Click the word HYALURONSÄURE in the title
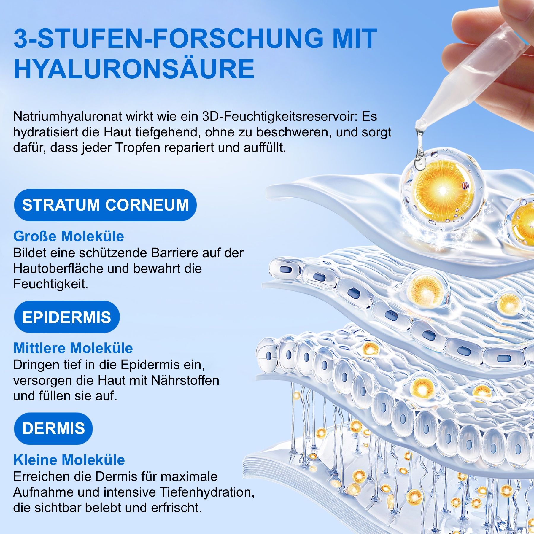(134, 69)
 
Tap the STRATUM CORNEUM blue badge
(105, 205)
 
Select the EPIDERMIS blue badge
(67, 317)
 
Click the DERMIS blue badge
(53, 428)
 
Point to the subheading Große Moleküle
(69, 236)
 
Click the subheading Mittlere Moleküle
(73, 348)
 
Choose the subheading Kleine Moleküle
(69, 460)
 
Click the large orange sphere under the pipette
(442, 190)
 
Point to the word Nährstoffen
(185, 380)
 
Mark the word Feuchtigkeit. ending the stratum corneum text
(51, 284)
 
